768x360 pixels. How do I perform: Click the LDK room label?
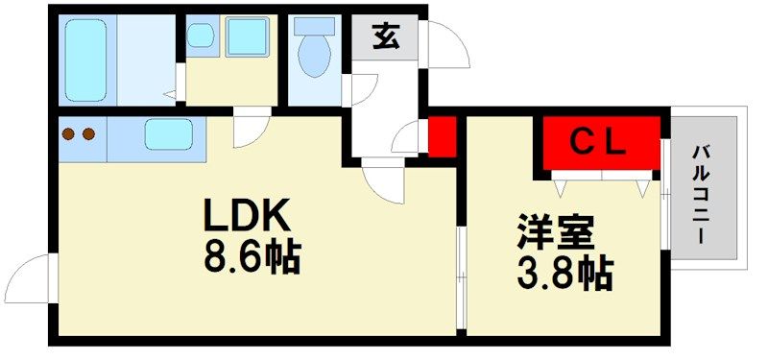(x=247, y=216)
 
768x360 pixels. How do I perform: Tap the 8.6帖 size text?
(x=252, y=257)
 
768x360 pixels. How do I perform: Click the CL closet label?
(x=598, y=142)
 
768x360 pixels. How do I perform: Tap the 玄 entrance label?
(x=386, y=36)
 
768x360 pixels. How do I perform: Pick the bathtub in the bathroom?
(x=85, y=60)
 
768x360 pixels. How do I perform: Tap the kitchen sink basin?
(x=169, y=134)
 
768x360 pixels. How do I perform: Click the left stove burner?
(x=68, y=133)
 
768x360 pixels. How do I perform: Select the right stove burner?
(x=88, y=133)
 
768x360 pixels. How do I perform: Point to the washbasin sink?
(x=201, y=36)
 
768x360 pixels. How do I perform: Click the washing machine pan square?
(x=248, y=36)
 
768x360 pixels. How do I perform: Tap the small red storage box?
(x=443, y=136)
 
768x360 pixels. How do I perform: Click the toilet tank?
(x=314, y=27)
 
